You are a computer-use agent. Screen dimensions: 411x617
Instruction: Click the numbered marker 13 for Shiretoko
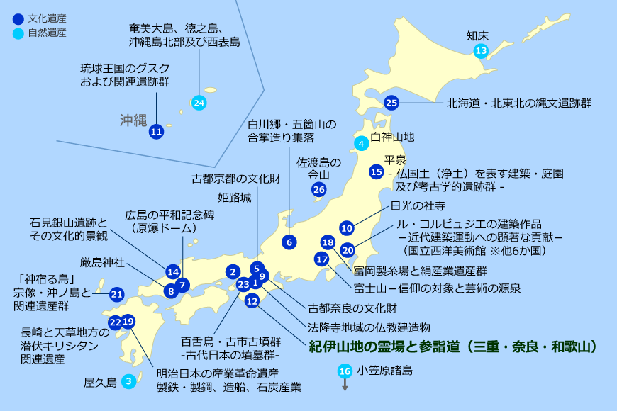(482, 50)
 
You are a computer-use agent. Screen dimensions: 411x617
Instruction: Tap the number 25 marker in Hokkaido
(391, 103)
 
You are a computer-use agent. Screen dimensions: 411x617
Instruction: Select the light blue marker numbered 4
(361, 143)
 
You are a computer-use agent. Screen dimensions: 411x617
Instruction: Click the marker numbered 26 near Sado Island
(319, 189)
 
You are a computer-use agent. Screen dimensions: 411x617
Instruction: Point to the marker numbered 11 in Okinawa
(156, 131)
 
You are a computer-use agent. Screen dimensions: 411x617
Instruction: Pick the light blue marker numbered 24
(199, 103)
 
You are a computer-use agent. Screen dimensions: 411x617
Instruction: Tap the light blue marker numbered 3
(128, 381)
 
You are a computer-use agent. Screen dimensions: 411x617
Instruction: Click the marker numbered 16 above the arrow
(345, 371)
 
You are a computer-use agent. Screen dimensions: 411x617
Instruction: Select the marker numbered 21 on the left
(117, 293)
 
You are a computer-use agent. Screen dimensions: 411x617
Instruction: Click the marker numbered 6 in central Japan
(289, 242)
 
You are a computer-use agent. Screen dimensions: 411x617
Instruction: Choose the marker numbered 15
(377, 171)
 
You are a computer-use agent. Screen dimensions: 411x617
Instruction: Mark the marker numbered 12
(252, 300)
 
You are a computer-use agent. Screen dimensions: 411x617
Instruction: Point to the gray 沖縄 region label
(133, 119)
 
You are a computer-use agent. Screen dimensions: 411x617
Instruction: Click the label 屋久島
(100, 382)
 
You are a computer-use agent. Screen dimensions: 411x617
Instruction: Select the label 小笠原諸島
(385, 370)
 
